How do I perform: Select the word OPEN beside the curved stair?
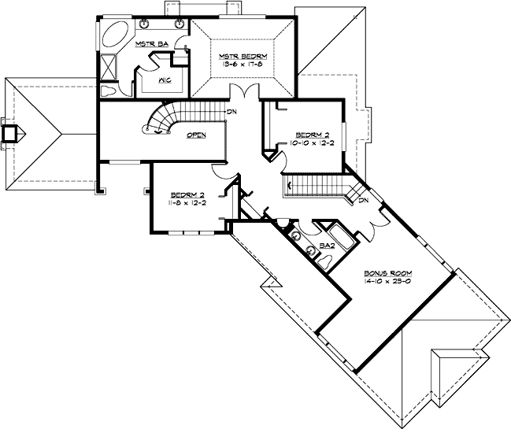point(196,135)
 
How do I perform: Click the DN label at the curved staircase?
point(232,112)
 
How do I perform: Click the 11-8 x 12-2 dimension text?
point(187,202)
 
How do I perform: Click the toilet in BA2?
point(311,252)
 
